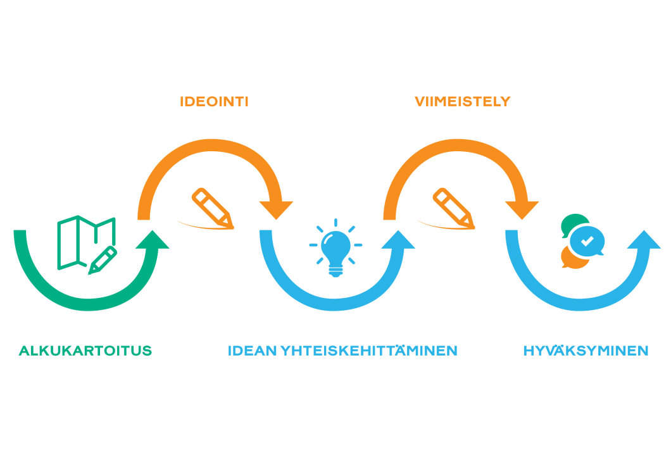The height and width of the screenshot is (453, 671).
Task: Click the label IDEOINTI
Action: click(213, 102)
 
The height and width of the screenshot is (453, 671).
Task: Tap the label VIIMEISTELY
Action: click(462, 102)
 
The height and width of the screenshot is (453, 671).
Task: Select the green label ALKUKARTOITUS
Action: click(85, 351)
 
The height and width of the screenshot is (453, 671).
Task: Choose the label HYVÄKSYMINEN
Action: click(586, 351)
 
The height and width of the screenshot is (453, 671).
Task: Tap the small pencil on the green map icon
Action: click(102, 261)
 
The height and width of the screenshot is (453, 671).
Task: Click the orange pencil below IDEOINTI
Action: click(212, 207)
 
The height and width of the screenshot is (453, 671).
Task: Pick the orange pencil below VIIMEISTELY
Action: click(453, 207)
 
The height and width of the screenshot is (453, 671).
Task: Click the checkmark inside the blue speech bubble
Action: click(587, 240)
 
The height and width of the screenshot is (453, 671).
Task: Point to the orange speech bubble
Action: click(572, 258)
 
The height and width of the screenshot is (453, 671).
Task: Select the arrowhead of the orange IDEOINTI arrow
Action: click(277, 209)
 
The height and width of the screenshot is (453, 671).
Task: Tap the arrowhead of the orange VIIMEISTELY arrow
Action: click(522, 209)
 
